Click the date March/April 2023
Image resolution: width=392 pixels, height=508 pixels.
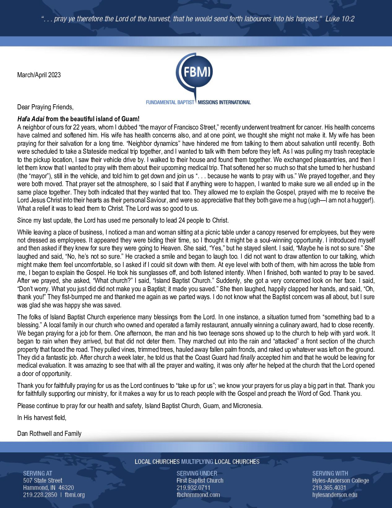(39, 75)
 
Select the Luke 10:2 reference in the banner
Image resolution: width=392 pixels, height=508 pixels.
(340, 19)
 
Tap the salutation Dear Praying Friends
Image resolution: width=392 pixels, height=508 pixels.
(45, 107)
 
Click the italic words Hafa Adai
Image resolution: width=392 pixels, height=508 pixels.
(31, 119)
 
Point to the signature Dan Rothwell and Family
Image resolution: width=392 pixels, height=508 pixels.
(49, 434)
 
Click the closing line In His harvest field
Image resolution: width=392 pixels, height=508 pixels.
(42, 418)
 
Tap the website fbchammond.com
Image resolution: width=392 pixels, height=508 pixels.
(198, 495)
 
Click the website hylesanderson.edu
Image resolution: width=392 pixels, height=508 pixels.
(335, 495)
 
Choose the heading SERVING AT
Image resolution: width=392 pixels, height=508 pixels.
(37, 473)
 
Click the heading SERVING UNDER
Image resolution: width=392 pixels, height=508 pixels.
(197, 473)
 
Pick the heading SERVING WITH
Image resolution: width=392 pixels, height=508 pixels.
(330, 473)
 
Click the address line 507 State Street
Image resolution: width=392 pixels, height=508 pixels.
(43, 481)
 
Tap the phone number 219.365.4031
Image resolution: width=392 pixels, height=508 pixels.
(329, 488)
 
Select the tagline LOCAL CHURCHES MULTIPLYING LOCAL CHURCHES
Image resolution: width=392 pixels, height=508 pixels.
(197, 462)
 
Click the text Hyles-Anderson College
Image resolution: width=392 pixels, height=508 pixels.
(340, 481)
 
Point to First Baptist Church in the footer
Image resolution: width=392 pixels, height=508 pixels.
(200, 481)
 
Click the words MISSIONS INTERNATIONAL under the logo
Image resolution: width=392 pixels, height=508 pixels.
(224, 102)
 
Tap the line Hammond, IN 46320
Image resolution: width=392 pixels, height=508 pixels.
(48, 488)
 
